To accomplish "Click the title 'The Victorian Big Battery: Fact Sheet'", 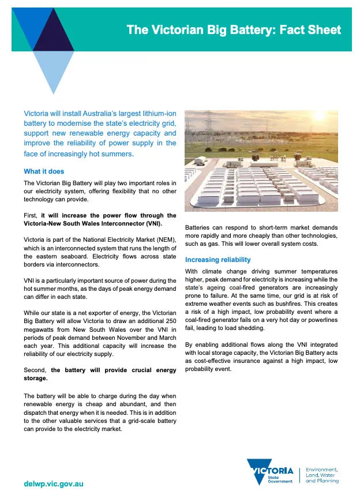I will pos(234,30).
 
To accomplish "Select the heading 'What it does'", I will pos(44,171).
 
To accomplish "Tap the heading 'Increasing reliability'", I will pos(218,260).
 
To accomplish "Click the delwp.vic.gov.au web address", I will pos(54,483).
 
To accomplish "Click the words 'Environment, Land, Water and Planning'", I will pos(322,475).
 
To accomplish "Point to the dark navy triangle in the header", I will pos(53,32).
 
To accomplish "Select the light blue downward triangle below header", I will pos(52,69).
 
